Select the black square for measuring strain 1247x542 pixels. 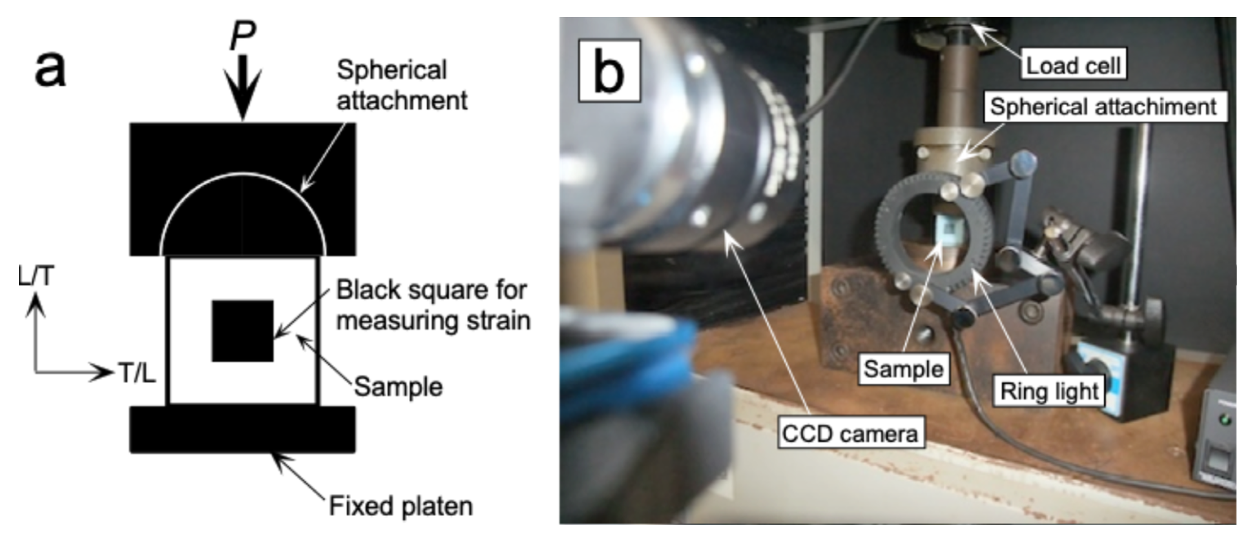pyautogui.click(x=243, y=331)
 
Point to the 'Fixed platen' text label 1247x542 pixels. pyautogui.click(x=401, y=506)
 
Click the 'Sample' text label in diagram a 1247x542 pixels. pyautogui.click(x=398, y=387)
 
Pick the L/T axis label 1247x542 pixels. pyautogui.click(x=36, y=277)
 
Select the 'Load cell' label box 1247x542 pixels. pyautogui.click(x=1073, y=65)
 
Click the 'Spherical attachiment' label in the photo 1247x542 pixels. pyautogui.click(x=1103, y=107)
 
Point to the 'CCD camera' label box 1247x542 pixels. pyautogui.click(x=850, y=433)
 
